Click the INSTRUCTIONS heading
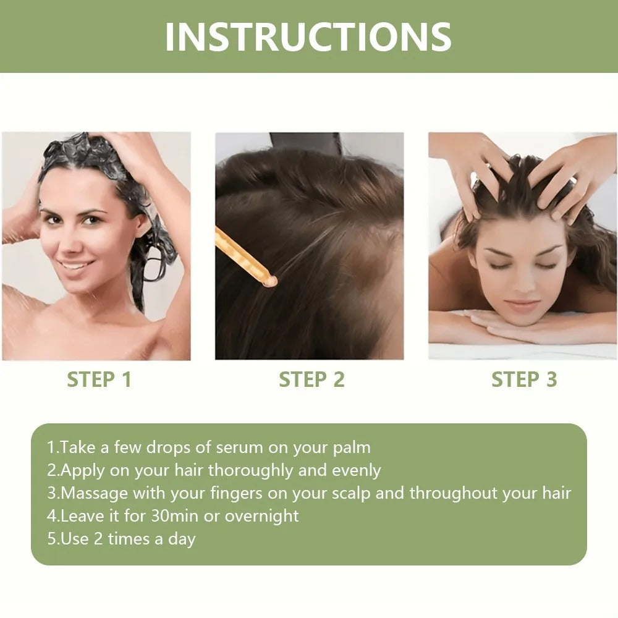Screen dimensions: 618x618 pyautogui.click(x=308, y=36)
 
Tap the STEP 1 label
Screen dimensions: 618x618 pyautogui.click(x=99, y=379)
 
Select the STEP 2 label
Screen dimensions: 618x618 pyautogui.click(x=311, y=379)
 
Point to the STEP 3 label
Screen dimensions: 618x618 pyautogui.click(x=524, y=379)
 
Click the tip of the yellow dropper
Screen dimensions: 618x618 pyautogui.click(x=269, y=281)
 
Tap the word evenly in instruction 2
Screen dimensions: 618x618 pyautogui.click(x=357, y=470)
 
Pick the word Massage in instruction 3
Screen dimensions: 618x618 pyautogui.click(x=95, y=493)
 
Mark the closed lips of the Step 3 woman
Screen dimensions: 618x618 pyautogui.click(x=522, y=305)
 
